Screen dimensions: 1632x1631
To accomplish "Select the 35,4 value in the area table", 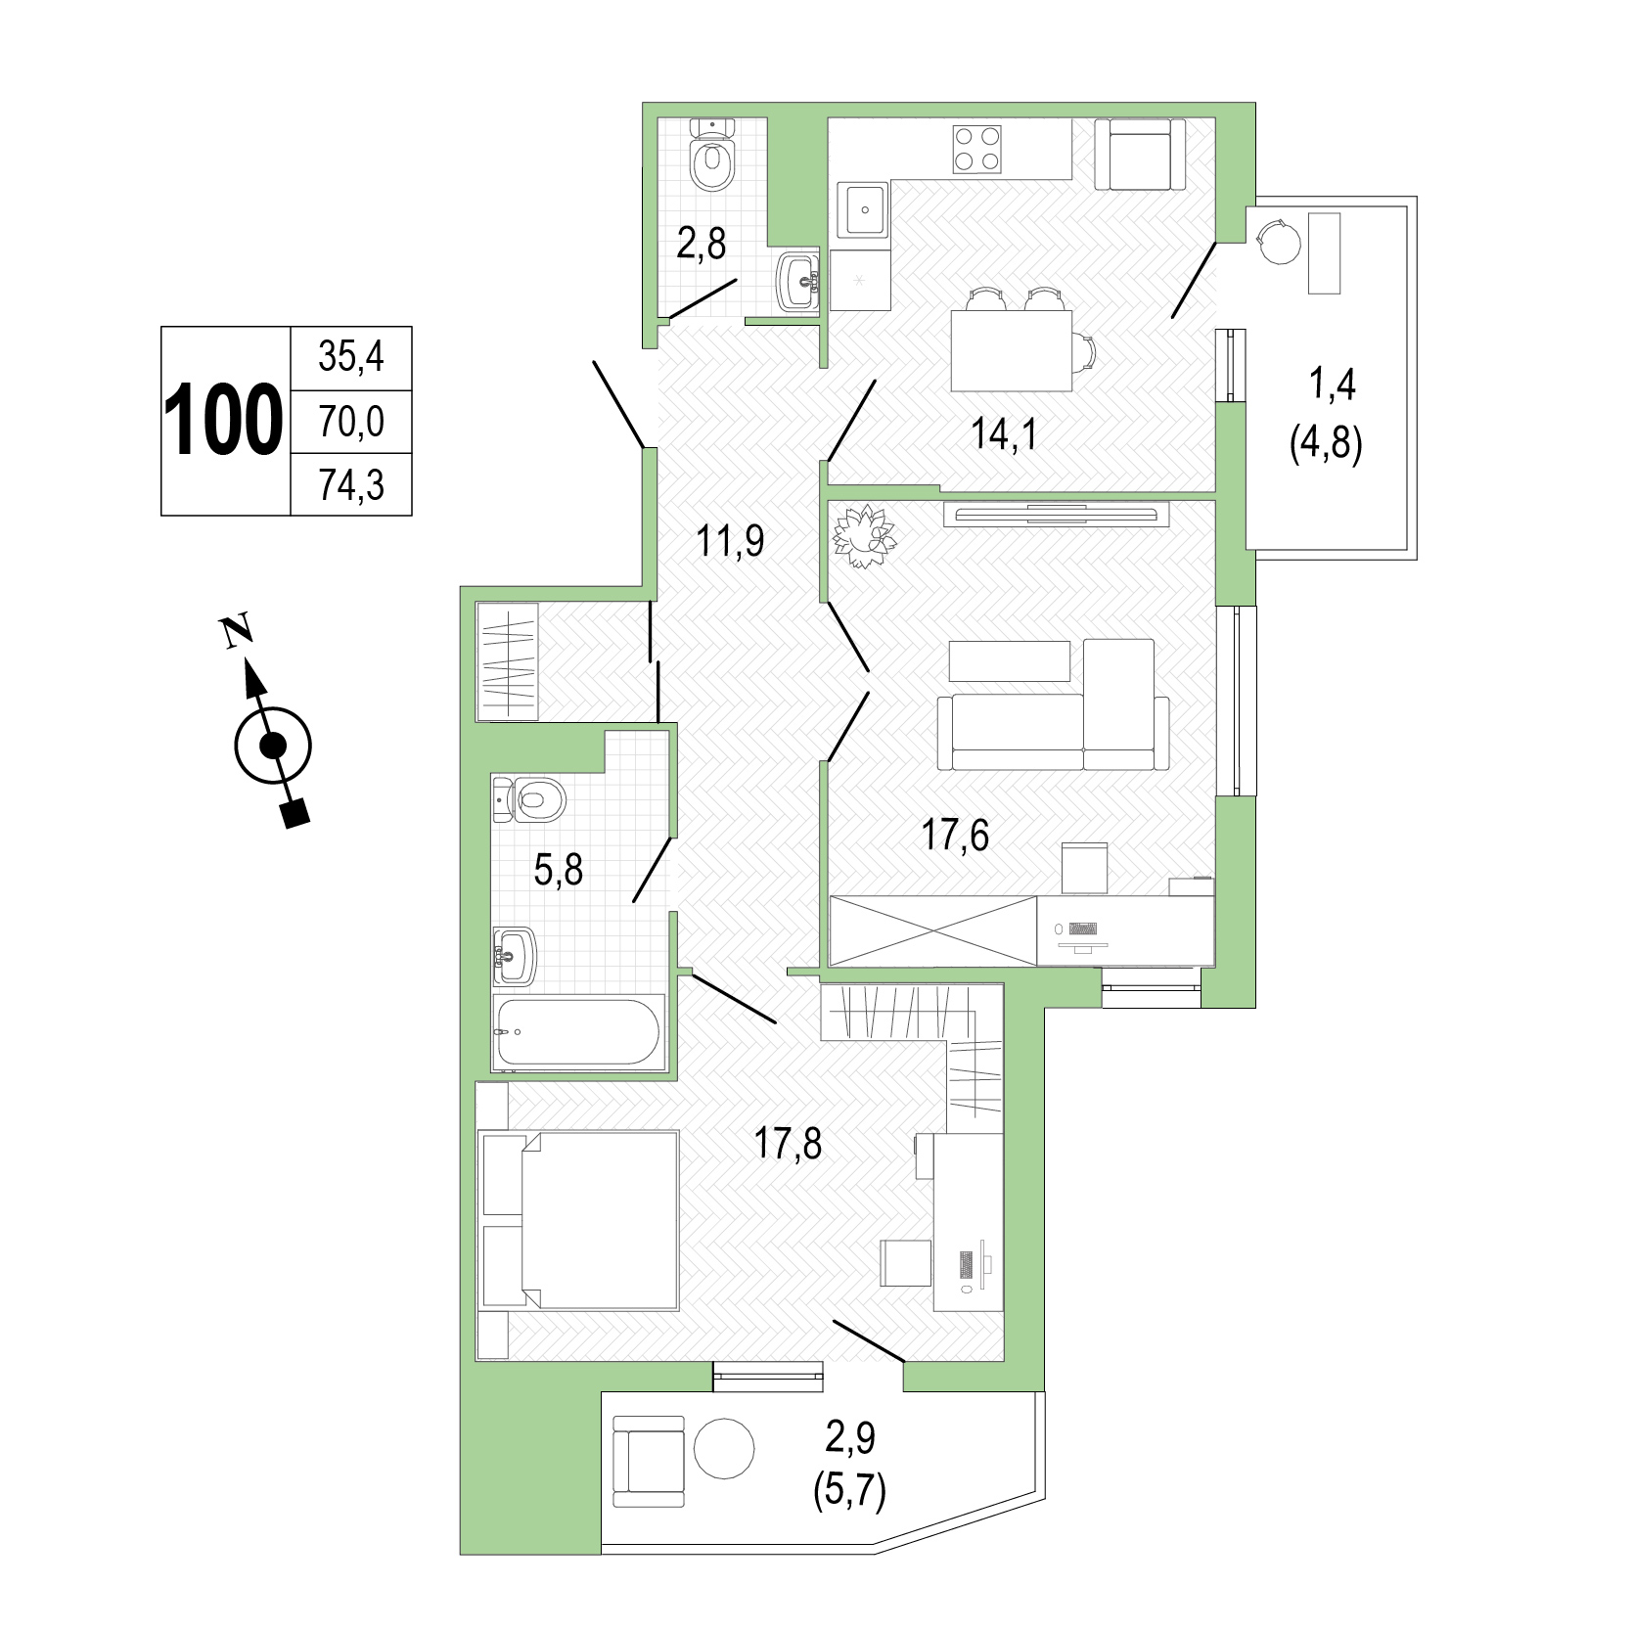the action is (351, 357).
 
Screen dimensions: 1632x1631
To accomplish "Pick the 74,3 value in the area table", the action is (351, 484).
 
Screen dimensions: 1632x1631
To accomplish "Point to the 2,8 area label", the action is (702, 244).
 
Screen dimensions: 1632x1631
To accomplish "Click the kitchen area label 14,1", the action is (1003, 432).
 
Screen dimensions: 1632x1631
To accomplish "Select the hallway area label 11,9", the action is (729, 540).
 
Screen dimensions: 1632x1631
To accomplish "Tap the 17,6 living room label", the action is (955, 837).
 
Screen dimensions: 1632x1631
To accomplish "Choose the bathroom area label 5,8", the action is (559, 869).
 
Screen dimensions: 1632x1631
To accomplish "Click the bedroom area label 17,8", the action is (788, 1143).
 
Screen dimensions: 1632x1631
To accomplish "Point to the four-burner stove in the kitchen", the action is (977, 150).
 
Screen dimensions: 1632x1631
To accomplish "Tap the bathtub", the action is (580, 1032).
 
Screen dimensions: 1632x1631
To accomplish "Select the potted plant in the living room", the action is (864, 536).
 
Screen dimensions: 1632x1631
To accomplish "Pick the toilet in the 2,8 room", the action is (712, 155).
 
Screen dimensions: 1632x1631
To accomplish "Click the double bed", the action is (579, 1221).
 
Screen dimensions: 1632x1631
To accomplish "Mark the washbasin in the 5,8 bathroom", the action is (517, 955).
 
